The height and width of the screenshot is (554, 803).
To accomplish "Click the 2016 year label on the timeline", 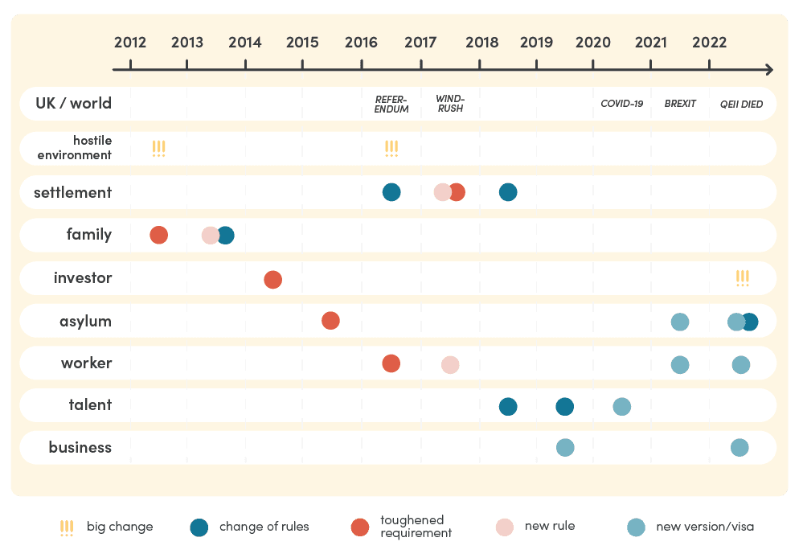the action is pos(361,42).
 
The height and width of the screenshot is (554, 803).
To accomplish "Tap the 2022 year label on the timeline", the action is pos(709,42).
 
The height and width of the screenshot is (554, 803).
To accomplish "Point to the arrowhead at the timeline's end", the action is pos(769,69).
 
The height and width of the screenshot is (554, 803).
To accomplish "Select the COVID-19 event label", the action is pos(621,104).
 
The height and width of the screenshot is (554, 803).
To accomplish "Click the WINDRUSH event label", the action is pos(450,104).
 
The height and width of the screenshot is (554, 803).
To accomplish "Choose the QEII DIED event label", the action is pos(742,104).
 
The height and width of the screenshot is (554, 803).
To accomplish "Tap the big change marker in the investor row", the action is pos(743,278).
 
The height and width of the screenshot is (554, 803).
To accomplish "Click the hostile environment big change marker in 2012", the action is pos(159,149).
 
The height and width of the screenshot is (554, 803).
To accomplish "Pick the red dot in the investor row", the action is pos(273,280).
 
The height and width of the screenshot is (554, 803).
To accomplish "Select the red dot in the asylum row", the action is pos(330,321).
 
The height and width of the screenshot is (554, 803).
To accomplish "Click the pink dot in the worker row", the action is pos(450,365).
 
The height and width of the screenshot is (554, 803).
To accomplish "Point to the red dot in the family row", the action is pos(159,236).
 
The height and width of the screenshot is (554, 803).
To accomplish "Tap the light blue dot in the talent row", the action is pos(621,407).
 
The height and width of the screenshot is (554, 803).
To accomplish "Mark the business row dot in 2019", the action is pos(565,447).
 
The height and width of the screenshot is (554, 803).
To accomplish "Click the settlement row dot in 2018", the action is pos(508,192).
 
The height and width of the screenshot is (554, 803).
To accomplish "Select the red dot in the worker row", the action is pos(391,363).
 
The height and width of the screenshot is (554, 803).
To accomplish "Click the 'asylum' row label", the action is pos(85,322).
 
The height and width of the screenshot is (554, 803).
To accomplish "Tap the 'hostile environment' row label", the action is pos(75,148).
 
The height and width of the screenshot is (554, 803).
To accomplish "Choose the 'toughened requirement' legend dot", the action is pos(360,527).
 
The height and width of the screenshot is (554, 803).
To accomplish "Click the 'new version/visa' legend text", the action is pos(705,527).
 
